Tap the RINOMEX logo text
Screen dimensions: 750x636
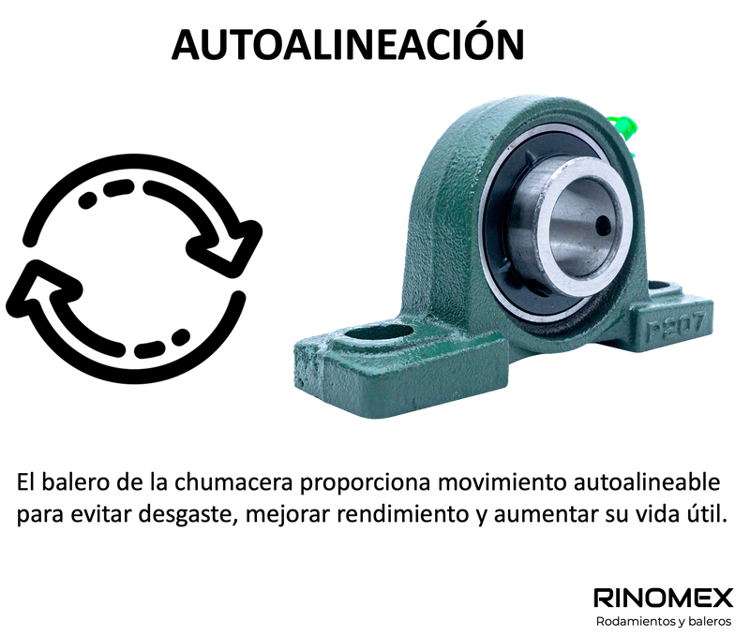pos(663,598)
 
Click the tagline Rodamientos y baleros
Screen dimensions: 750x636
pos(664,622)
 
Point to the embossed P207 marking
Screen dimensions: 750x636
pos(675,325)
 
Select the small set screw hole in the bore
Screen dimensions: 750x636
pos(603,223)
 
